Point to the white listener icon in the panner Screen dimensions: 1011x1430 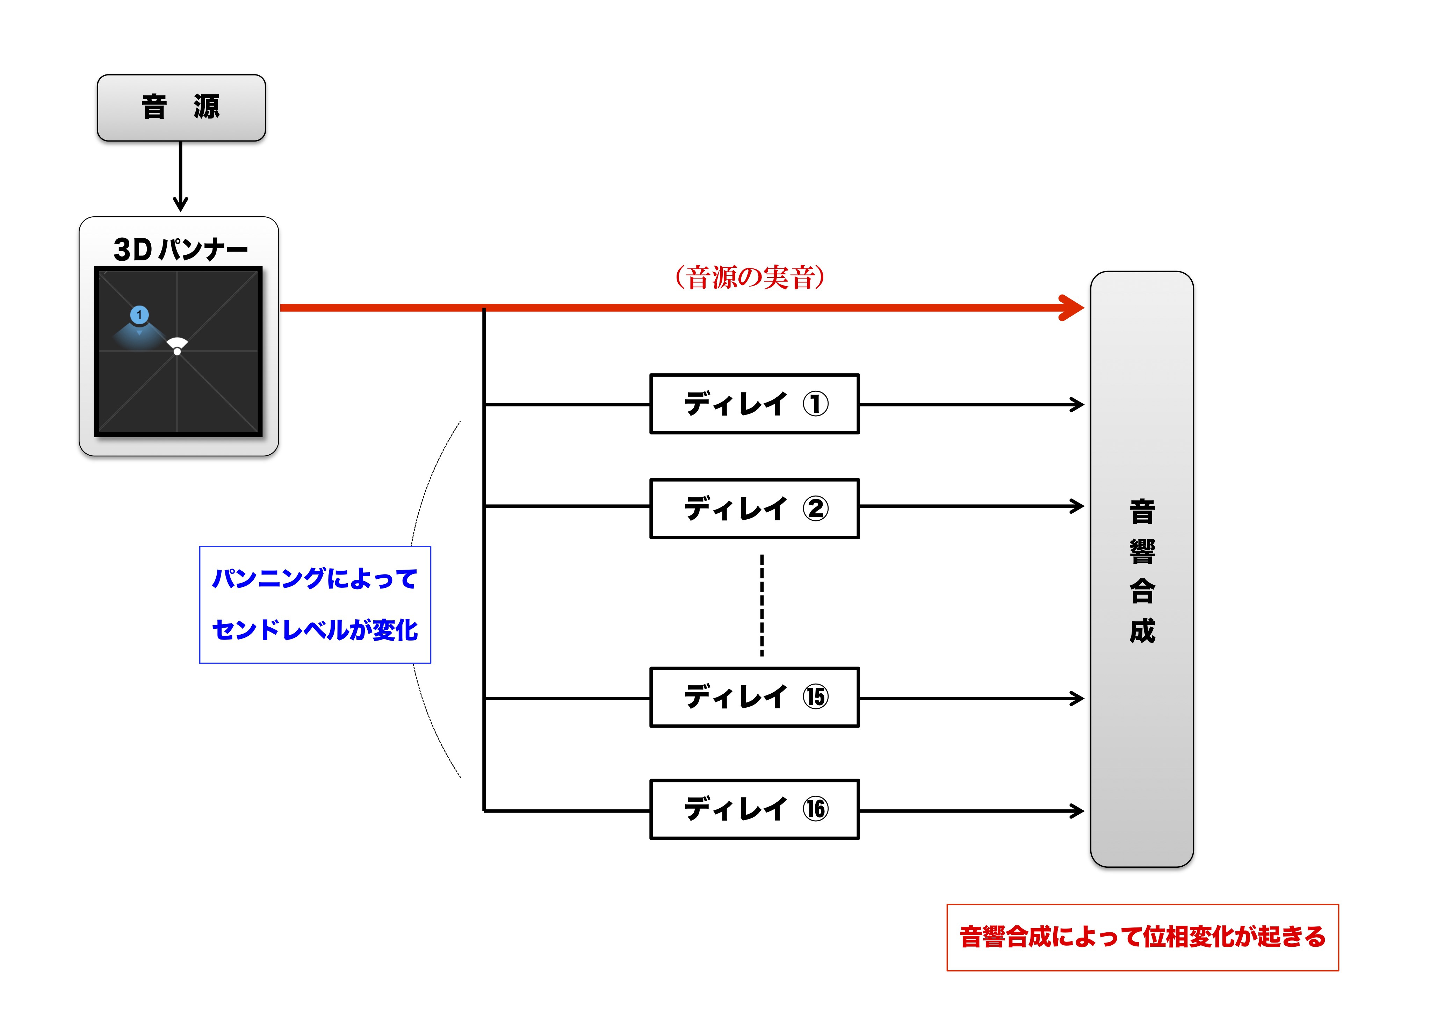pyautogui.click(x=178, y=346)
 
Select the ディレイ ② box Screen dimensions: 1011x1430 pyautogui.click(x=754, y=508)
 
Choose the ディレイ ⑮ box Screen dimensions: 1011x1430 pyautogui.click(x=754, y=697)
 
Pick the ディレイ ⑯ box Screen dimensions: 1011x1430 pyautogui.click(x=754, y=809)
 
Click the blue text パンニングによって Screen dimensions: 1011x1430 pyautogui.click(x=315, y=579)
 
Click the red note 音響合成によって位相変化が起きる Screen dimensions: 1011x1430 pyautogui.click(x=1142, y=937)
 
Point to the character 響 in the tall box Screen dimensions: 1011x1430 pyautogui.click(x=1142, y=552)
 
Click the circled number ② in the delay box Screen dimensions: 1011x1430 pyautogui.click(x=815, y=508)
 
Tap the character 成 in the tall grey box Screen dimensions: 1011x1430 pyautogui.click(x=1142, y=631)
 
